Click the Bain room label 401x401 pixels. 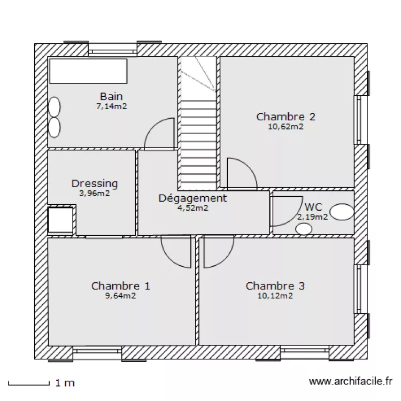(x=111, y=97)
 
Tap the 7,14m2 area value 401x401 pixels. (x=111, y=106)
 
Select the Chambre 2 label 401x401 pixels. (x=286, y=117)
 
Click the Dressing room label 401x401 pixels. (x=95, y=184)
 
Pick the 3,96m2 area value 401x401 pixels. (x=95, y=194)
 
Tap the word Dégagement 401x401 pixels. (x=193, y=198)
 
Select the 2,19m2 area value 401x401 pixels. (x=312, y=217)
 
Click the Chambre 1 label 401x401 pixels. (x=121, y=286)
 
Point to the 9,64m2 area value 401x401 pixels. (x=121, y=296)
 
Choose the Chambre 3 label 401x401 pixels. (x=275, y=286)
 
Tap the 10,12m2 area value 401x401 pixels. (x=275, y=296)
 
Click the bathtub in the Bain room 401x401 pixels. (x=89, y=71)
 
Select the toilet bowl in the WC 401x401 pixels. (x=341, y=213)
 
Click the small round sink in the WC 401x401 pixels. (x=304, y=229)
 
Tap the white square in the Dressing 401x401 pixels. (x=60, y=220)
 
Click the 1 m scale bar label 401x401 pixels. (x=65, y=383)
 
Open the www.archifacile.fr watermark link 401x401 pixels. (x=350, y=382)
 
